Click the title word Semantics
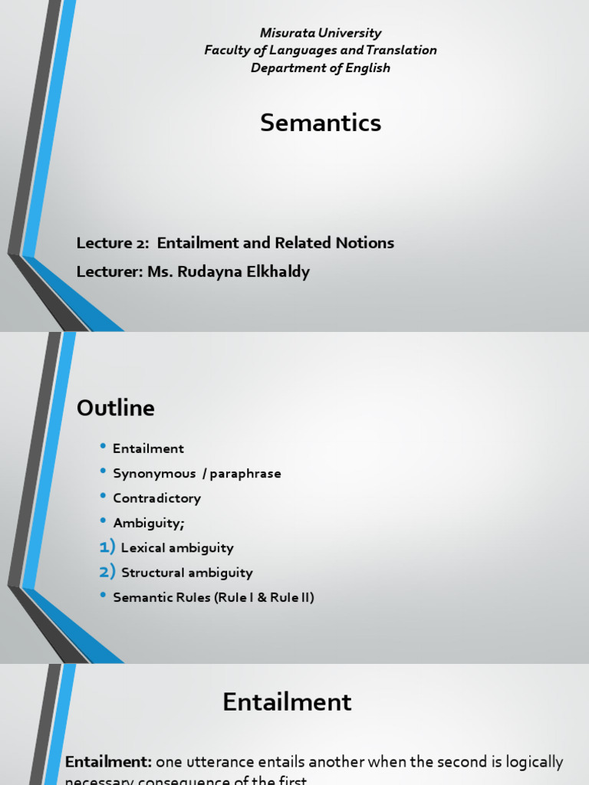pos(321,123)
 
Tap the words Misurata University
pos(321,33)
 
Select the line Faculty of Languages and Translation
pos(321,51)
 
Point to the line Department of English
pos(321,68)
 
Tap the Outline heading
pos(115,409)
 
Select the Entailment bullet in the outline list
pos(148,448)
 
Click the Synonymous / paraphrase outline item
pos(196,474)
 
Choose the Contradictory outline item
pos(156,498)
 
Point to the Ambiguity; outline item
pos(149,523)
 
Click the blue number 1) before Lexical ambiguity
pos(107,547)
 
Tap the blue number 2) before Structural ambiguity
pos(107,572)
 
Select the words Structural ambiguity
pos(186,573)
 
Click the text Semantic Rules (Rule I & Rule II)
pos(213,597)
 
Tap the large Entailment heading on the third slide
pos(287,702)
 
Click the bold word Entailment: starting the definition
pos(108,762)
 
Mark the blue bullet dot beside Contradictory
pos(104,497)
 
